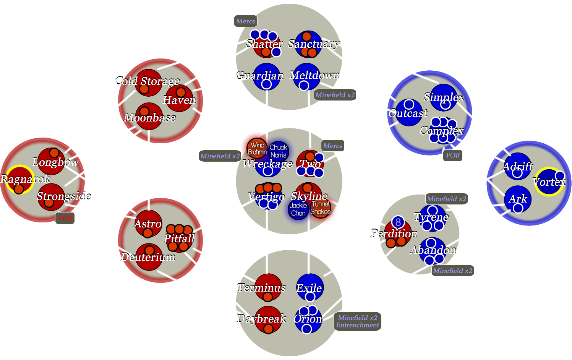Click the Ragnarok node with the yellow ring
coord(20,179)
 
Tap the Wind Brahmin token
coord(257,148)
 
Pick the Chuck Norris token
coord(278,151)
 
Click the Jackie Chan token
coord(298,209)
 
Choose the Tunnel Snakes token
coord(320,208)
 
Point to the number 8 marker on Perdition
coord(398,222)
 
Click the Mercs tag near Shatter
coord(245,21)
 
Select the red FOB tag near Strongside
coord(65,218)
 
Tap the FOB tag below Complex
coord(453,155)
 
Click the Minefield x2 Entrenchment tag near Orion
coord(358,321)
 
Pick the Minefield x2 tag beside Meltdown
coord(335,95)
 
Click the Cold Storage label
coord(147,81)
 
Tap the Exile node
coord(309,287)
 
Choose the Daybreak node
coord(268,319)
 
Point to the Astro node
coord(148,224)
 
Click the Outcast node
coord(408,112)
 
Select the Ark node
coord(518,199)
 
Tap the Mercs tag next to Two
coord(332,146)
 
